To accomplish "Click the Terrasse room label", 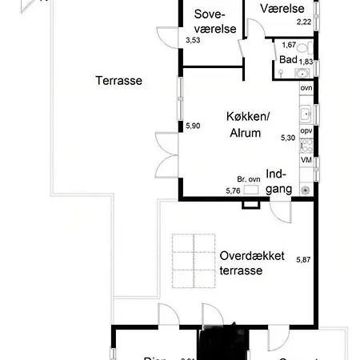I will point(118,81).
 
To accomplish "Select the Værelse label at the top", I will point(280,8).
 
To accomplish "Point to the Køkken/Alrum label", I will point(248,125).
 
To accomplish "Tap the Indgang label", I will point(276,182).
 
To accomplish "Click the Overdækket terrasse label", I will point(252,264).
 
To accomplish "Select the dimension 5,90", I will point(193,126).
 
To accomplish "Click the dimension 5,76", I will point(233,190).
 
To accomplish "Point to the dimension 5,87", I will point(303,259).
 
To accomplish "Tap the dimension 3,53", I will point(193,40).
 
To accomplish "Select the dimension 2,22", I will point(303,22).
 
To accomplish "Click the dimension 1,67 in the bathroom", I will point(289,45).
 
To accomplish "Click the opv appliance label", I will point(306,131).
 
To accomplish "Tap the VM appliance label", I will point(306,160).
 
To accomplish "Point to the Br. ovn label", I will point(249,179).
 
